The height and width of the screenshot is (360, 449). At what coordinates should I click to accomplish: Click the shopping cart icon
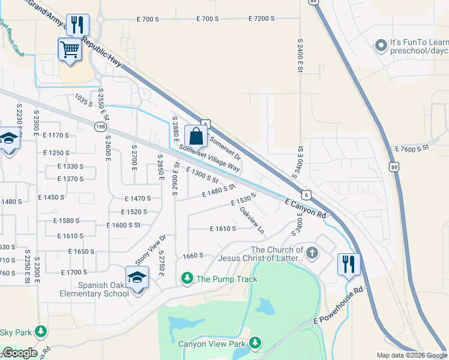pos(70,49)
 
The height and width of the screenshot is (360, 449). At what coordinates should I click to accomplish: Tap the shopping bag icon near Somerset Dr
pos(196,136)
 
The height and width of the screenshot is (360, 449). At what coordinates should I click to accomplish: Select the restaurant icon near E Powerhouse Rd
pos(348,264)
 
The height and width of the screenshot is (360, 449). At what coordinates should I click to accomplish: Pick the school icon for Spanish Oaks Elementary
pos(137,277)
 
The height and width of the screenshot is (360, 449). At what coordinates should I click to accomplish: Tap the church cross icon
pos(312,251)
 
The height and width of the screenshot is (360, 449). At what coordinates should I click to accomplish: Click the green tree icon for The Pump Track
pos(187,278)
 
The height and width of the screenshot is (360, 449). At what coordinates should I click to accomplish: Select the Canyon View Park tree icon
pos(255,343)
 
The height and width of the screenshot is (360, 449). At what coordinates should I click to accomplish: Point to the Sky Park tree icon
pos(41,331)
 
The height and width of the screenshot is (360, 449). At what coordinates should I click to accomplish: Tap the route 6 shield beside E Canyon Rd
pos(306,195)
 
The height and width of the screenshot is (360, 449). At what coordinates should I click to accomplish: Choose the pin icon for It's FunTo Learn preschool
pos(380,46)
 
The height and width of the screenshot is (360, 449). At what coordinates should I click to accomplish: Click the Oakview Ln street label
pos(252,220)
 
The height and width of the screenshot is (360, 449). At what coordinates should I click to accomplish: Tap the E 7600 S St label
pos(411,146)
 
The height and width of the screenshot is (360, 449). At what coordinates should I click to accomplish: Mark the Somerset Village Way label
pos(209,158)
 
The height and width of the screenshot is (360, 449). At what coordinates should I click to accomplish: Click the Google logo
pos(20,353)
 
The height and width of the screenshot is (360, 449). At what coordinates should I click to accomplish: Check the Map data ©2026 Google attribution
pos(411,355)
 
